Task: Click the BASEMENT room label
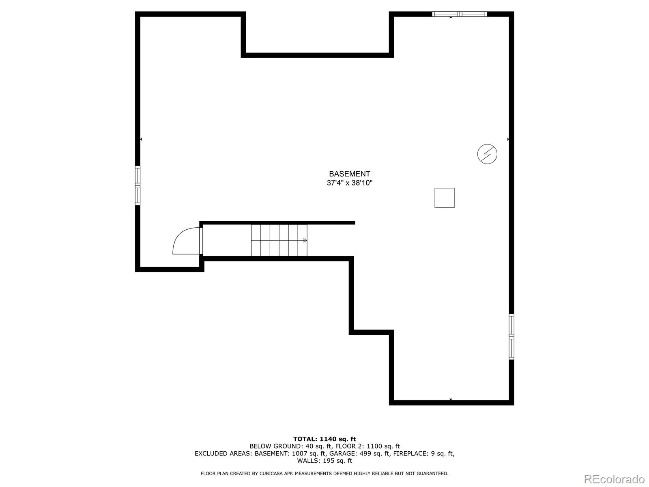(x=349, y=174)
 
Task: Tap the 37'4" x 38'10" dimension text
(x=349, y=183)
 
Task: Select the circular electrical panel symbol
(x=487, y=154)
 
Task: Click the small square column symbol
(x=444, y=198)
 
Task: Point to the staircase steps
(x=279, y=240)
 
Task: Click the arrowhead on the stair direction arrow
(x=305, y=240)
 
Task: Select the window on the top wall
(x=459, y=14)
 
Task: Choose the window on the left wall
(x=138, y=185)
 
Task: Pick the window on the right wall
(x=511, y=336)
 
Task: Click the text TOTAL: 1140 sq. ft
(x=324, y=439)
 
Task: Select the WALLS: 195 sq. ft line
(x=324, y=461)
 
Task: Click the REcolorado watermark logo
(x=614, y=479)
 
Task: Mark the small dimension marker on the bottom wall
(x=451, y=400)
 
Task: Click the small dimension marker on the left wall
(x=141, y=139)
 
